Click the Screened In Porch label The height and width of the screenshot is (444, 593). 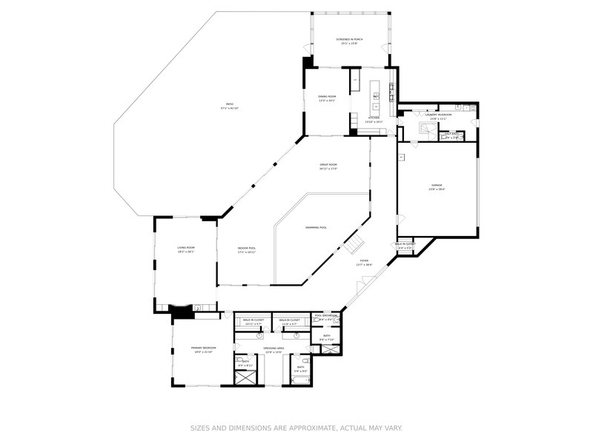click(x=349, y=41)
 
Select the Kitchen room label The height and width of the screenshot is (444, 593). click(x=374, y=118)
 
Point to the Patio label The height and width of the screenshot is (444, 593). click(x=229, y=105)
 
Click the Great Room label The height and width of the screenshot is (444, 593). click(x=328, y=166)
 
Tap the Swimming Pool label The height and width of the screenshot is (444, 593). click(x=316, y=227)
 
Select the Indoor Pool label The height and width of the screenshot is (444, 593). click(x=247, y=249)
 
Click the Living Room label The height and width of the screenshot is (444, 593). click(x=185, y=249)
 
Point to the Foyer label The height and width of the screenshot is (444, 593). click(x=364, y=261)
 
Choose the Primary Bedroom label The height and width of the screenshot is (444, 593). click(x=202, y=349)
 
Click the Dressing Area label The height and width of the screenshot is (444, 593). click(x=274, y=349)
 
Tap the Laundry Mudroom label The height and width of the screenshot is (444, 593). click(x=438, y=115)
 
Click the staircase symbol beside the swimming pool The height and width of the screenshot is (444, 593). click(x=357, y=242)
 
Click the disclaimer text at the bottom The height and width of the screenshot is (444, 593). click(x=296, y=427)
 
